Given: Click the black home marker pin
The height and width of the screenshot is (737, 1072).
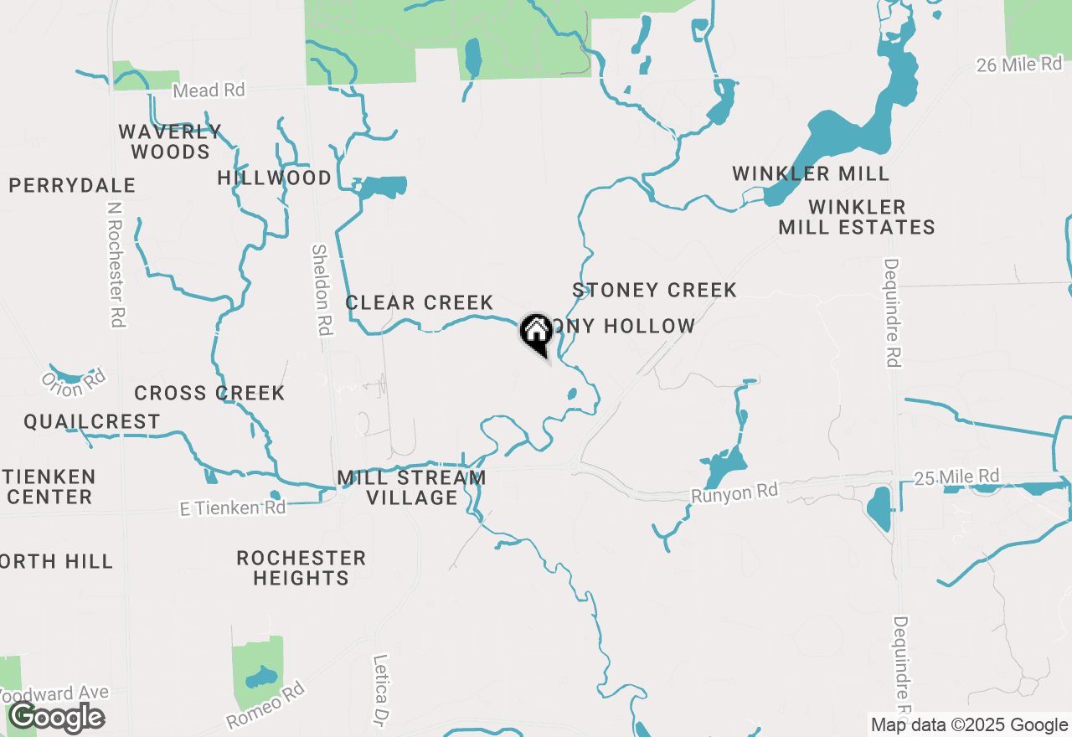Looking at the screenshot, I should pos(536,332).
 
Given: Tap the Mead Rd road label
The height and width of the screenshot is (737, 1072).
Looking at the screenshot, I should pos(209,90).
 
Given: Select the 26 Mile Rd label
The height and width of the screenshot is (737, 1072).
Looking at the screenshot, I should pos(1018,64).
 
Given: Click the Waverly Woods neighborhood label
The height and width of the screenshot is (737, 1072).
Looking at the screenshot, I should pos(170,142).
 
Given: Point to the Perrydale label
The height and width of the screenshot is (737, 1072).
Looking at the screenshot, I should pos(72,185).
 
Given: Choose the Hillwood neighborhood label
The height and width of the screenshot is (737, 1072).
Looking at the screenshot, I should pos(274,178).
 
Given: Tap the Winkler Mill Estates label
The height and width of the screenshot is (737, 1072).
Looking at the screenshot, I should pos(857,217).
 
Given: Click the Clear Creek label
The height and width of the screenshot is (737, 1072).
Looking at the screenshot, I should pos(420,302).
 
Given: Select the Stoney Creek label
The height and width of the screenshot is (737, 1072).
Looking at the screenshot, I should pos(654,290).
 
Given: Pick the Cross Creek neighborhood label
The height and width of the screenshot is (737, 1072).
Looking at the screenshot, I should pos(209,393).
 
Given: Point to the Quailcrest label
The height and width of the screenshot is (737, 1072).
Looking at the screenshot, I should pos(91,421).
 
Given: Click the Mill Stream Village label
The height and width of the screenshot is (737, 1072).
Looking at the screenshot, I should pos(411,487).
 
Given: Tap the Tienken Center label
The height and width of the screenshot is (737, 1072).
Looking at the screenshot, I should pos(49,487).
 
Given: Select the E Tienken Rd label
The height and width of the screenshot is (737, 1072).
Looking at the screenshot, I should pos(232,508).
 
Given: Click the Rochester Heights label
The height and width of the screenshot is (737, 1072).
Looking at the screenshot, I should pos(301,568).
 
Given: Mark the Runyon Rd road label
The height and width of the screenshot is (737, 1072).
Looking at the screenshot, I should pos(734,492).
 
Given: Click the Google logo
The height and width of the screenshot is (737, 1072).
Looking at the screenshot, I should pos(57,717).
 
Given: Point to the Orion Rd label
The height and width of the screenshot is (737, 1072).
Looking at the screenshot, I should pos(75,384).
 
